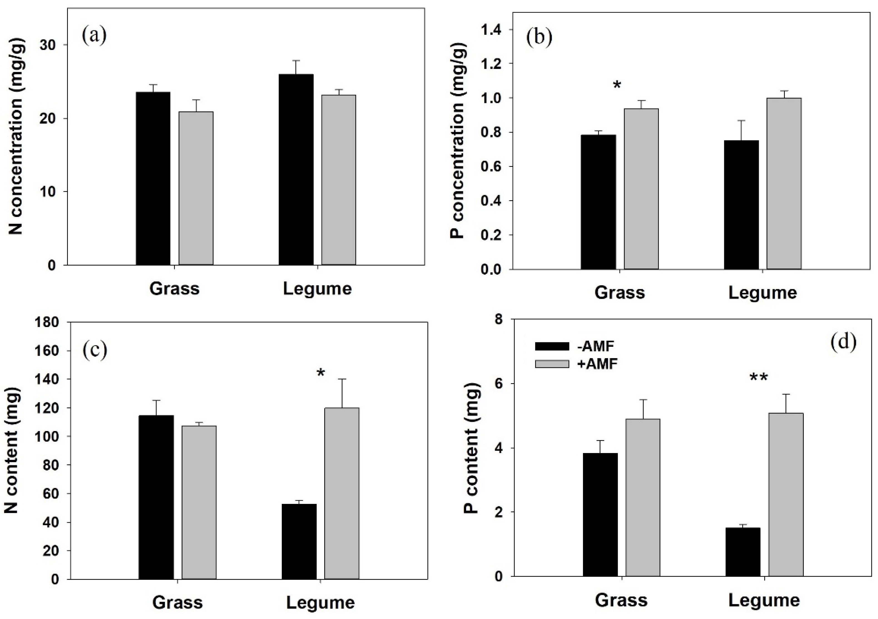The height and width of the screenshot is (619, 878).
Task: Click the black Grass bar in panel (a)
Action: pyautogui.click(x=153, y=178)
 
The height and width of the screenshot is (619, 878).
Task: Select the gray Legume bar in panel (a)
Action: pyautogui.click(x=338, y=180)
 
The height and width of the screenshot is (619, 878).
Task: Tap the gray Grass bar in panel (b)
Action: pyautogui.click(x=641, y=189)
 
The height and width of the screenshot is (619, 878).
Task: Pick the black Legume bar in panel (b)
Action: pyautogui.click(x=741, y=205)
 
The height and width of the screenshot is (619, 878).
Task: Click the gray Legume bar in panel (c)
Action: pyautogui.click(x=342, y=493)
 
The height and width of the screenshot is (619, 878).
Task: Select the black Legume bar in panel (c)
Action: pyautogui.click(x=299, y=541)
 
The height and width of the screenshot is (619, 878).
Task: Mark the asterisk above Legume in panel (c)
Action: pyautogui.click(x=320, y=373)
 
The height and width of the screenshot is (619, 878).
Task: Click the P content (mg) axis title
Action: pyautogui.click(x=471, y=449)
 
